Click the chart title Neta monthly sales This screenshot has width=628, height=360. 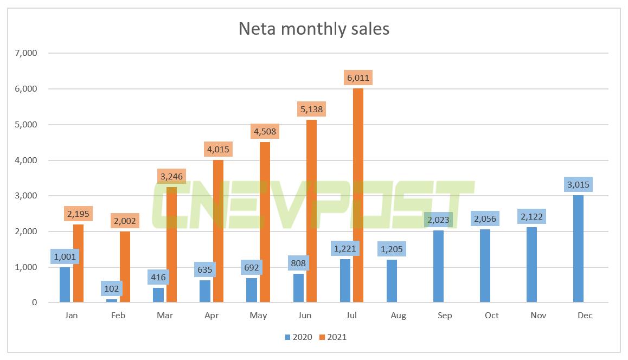coord(314,29)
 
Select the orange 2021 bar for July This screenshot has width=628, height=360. coord(358,195)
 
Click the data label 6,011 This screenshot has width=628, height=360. coord(358,78)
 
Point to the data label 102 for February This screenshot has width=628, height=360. coord(112,288)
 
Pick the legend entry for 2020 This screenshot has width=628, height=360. coord(298,337)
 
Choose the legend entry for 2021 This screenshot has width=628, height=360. coord(332,337)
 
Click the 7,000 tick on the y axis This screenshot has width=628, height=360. coord(26,53)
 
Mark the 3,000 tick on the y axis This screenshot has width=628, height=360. coord(26,196)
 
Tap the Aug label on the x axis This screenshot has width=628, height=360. coord(398,316)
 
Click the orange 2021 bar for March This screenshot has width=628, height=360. coord(171,245)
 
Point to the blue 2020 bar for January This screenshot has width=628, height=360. coord(65,285)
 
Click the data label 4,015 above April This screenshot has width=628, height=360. coord(218,149)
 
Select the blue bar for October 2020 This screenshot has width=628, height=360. coord(485,266)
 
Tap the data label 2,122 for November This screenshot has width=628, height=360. coord(531,217)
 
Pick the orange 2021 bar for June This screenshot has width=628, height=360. coord(311,211)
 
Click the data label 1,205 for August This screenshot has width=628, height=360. coord(391,249)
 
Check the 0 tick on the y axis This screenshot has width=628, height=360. coord(34,303)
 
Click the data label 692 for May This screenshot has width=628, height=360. coord(252,268)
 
